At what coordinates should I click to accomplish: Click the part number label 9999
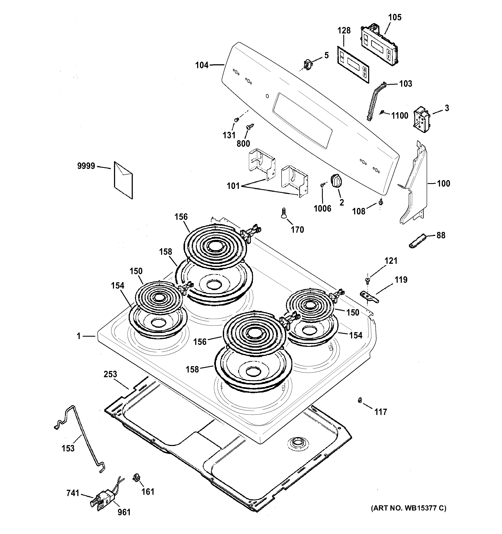click(x=86, y=166)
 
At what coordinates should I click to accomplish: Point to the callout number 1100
click(x=400, y=116)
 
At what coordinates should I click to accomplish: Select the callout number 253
click(x=110, y=374)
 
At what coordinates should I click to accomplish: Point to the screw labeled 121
click(x=367, y=280)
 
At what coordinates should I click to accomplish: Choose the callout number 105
click(x=395, y=17)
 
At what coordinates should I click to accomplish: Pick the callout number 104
click(x=202, y=65)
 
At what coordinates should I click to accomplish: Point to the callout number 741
click(x=73, y=493)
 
